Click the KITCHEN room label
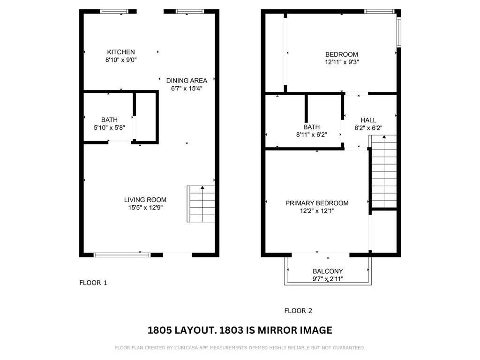(121, 52)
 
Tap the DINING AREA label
(187, 81)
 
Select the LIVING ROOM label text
(145, 200)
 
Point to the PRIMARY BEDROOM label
(317, 203)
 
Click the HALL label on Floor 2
(368, 120)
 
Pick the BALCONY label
(328, 271)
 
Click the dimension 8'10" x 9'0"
(121, 60)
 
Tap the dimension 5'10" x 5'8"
(109, 127)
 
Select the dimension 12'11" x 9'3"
(342, 62)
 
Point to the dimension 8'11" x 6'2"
(312, 135)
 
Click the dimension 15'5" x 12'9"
(145, 208)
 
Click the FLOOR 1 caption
(93, 283)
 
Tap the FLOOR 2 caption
(298, 311)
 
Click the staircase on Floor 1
(201, 204)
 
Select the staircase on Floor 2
(384, 172)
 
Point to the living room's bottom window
(122, 255)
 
